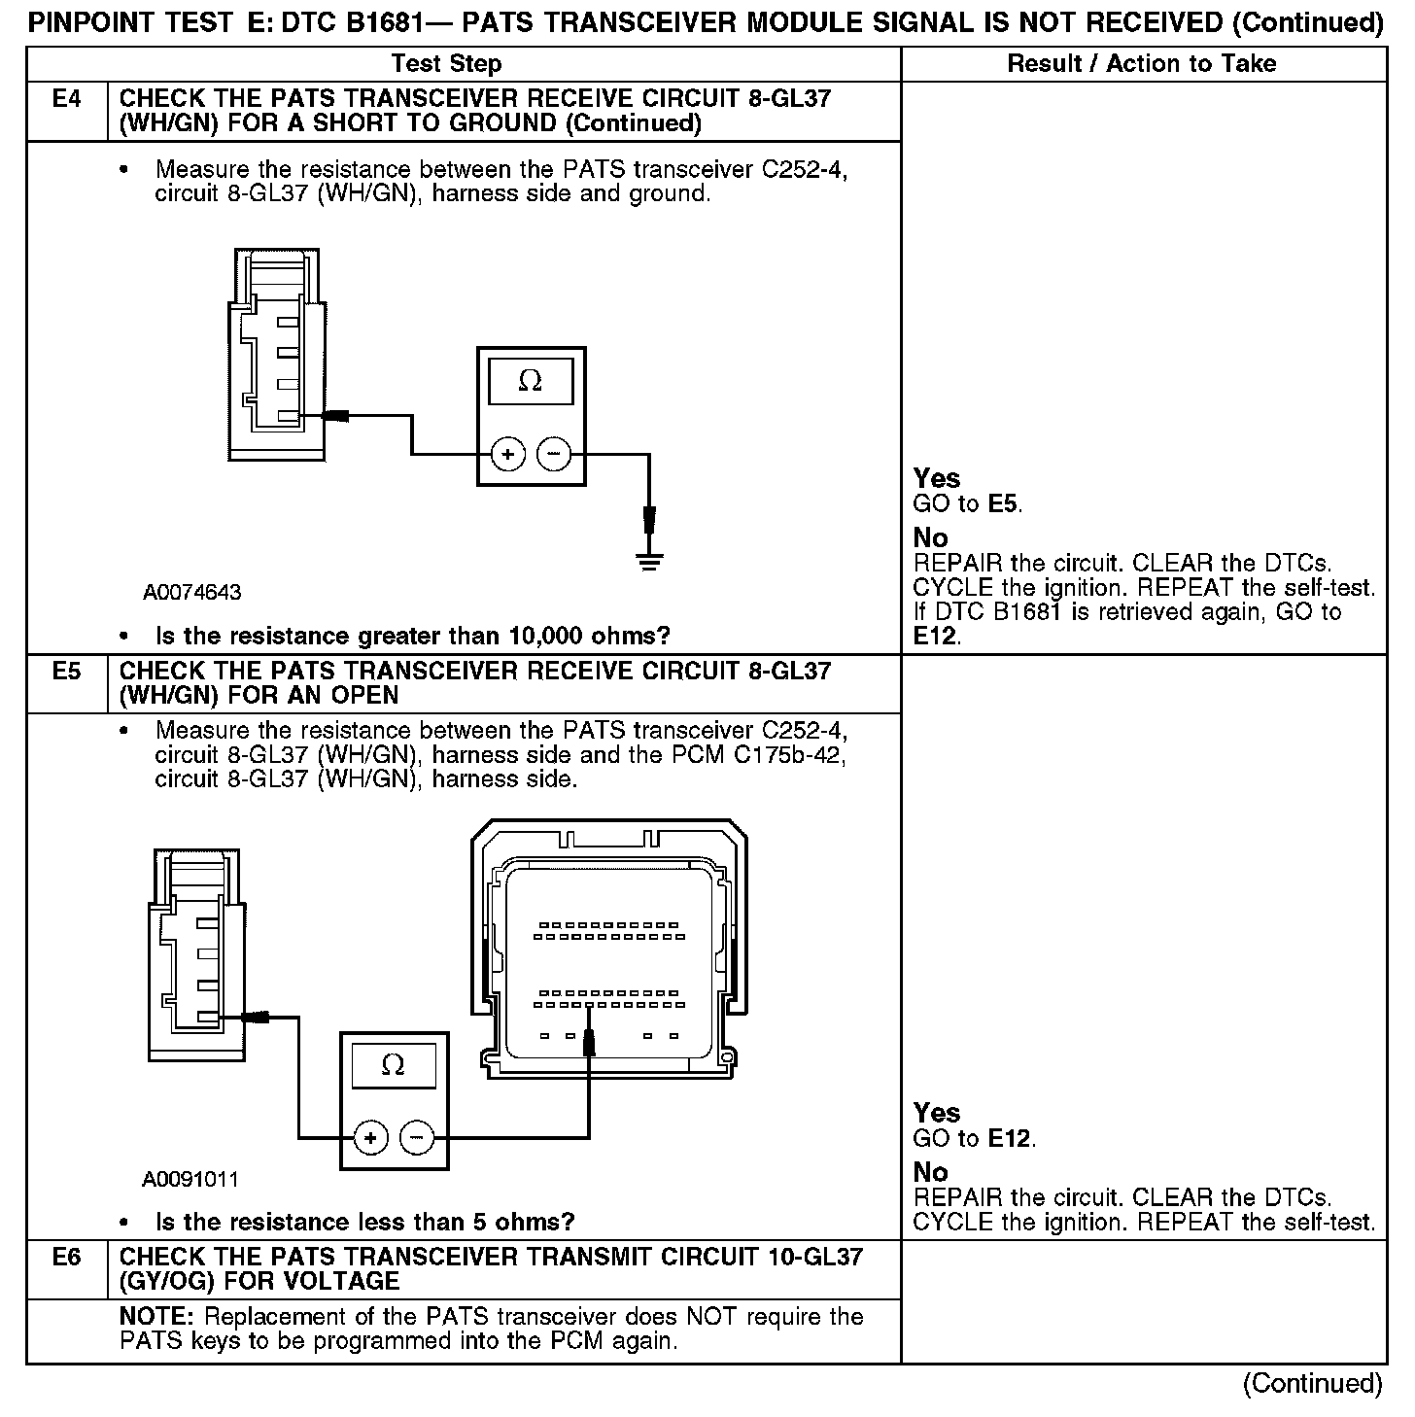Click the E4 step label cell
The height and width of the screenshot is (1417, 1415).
66,99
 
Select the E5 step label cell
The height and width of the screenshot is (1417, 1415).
66,672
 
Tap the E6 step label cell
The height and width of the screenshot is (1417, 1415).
66,1258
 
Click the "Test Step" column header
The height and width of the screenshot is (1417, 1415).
446,64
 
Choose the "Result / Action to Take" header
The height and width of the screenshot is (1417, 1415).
1142,64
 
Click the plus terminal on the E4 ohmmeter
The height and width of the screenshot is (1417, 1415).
507,453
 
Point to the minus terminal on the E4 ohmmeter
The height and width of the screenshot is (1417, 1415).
554,453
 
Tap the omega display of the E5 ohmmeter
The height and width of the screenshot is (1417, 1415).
394,1066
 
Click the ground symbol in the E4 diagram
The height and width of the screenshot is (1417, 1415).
649,560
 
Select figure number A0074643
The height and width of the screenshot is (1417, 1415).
192,592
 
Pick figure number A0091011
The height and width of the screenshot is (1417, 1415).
190,1179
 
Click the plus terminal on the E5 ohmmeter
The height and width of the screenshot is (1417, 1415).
371,1136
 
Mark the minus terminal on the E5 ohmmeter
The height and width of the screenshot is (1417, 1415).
417,1136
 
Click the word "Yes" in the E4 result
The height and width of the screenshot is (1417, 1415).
937,478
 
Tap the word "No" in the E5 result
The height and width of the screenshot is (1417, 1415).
930,1172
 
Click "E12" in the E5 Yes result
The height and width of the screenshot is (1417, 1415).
1011,1138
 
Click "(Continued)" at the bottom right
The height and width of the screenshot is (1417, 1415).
1312,1383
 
